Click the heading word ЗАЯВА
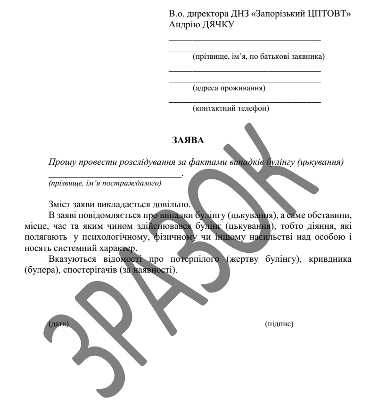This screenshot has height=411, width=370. pyautogui.click(x=185, y=139)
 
